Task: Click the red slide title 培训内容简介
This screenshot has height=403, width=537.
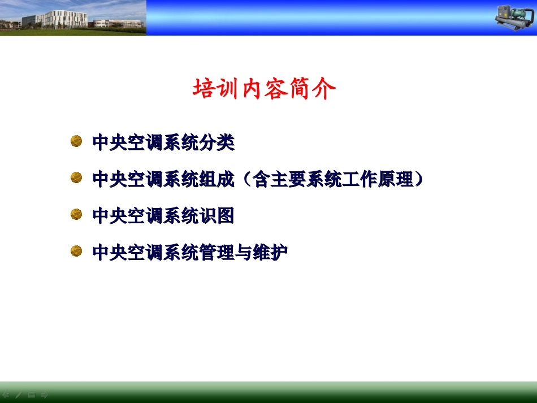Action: point(264,89)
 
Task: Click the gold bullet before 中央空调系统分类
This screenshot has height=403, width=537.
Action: point(76,141)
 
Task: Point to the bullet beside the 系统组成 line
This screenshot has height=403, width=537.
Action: point(76,178)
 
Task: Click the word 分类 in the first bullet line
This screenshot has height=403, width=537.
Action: point(216,142)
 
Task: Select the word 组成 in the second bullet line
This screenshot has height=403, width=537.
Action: point(216,179)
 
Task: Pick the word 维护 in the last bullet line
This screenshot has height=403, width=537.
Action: point(270,252)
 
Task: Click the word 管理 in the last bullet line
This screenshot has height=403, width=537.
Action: point(216,252)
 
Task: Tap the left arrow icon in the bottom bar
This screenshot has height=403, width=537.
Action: point(6,395)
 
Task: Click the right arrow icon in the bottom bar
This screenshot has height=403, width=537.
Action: point(45,395)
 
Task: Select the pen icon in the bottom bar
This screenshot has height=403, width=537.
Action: point(19,395)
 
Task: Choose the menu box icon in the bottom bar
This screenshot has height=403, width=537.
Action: point(32,395)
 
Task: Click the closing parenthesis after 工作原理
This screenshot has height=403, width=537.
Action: point(418,179)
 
